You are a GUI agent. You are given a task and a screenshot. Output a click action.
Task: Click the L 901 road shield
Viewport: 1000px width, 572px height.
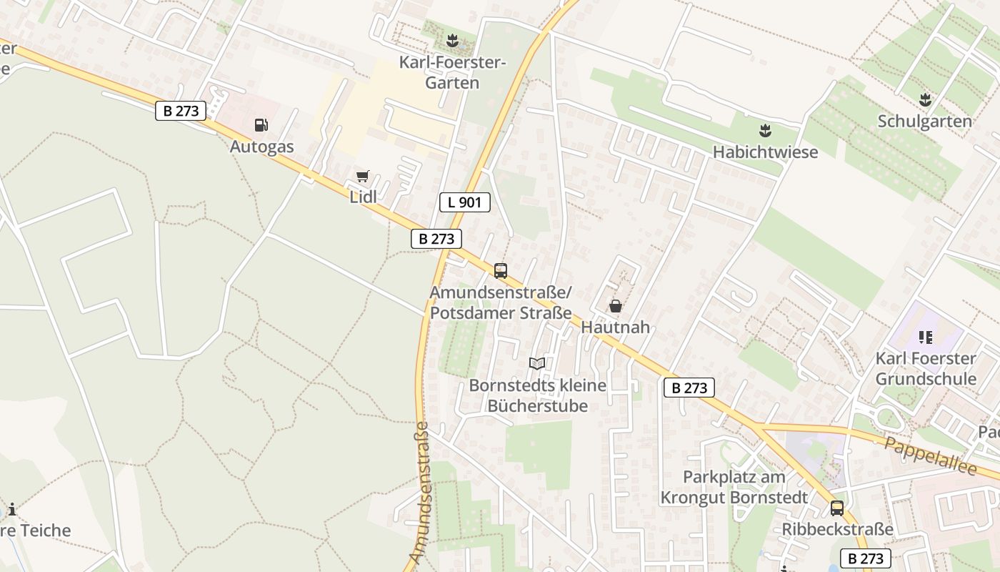[x=464, y=202]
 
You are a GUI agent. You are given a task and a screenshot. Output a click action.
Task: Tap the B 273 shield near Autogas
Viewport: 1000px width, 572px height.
[x=181, y=111]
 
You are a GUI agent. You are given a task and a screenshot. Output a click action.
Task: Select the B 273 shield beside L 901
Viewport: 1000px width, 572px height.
[x=436, y=239]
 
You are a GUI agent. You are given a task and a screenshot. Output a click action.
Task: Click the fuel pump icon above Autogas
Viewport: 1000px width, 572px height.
[x=261, y=125]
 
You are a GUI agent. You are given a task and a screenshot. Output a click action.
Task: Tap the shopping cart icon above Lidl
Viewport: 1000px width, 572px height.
[x=363, y=176]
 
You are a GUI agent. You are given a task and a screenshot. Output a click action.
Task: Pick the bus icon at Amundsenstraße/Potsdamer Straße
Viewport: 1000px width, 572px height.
[x=501, y=271]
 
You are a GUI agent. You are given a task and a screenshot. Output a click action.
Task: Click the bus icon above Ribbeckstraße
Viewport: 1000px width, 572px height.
[x=837, y=508]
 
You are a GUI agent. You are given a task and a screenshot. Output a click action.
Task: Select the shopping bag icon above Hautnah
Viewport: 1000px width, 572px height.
[x=615, y=306]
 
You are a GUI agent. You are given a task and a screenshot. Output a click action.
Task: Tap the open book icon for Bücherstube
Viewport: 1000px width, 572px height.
[x=537, y=364]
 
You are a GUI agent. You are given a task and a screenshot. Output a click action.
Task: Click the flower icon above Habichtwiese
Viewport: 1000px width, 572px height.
[x=765, y=130]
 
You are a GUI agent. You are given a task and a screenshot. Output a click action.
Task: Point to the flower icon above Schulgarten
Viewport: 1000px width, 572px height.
[x=925, y=99]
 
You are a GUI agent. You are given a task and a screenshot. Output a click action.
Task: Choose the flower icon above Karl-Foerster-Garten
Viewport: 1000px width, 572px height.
[x=451, y=41]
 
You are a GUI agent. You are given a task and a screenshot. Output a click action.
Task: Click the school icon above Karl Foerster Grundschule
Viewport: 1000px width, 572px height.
[x=926, y=337]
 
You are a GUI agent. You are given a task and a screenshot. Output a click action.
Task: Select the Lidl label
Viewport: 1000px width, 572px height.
[x=363, y=197]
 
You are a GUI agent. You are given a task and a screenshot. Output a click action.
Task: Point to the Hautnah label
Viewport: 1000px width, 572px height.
[x=616, y=327]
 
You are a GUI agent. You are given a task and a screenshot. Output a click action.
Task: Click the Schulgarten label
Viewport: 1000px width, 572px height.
[x=925, y=121]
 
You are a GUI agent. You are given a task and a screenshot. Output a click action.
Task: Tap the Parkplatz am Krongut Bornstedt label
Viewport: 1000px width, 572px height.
[x=734, y=487]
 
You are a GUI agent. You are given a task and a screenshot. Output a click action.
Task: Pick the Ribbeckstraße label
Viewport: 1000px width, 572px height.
[x=838, y=529]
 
